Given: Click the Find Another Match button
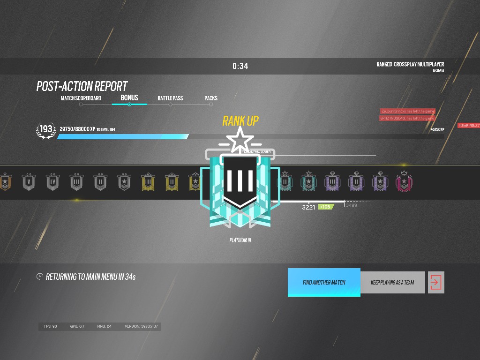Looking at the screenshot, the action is pos(324,282).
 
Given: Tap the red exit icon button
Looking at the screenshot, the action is pos(435,282).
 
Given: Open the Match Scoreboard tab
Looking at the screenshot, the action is pos(81,98).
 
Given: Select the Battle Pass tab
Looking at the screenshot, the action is pos(170,98).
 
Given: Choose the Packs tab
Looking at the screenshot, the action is pos(211,98).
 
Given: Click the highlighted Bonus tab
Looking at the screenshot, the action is pos(129,98).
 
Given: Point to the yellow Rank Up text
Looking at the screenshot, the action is pos(240,121).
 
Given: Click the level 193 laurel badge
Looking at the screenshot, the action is pos(46,130).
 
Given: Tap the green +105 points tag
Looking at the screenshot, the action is pos(325,207).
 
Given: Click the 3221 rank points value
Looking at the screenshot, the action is pos(308,207).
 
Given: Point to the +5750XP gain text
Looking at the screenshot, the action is pos(437,129).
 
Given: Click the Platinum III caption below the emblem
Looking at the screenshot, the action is pos(240,240).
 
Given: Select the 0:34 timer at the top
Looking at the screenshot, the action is pos(240,66).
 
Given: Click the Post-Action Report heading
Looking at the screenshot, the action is pos(82,86).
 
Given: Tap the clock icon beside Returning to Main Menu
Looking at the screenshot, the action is pos(40,277).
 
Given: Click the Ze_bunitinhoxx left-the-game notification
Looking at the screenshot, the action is pos(408,111).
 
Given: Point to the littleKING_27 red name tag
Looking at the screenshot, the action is pos(468,126).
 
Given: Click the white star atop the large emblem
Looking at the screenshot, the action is pos(240,139).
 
